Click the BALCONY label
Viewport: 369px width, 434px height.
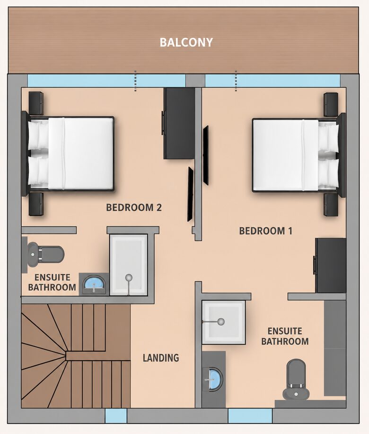click(x=186, y=42)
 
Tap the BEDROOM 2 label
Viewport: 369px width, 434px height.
click(x=134, y=208)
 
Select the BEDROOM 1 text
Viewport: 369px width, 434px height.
click(x=265, y=231)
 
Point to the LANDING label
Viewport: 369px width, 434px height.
click(x=161, y=358)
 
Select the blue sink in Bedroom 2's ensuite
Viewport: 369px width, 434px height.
click(x=94, y=284)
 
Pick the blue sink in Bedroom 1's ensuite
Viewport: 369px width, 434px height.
click(x=212, y=379)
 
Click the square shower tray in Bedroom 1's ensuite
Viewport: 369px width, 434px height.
click(x=224, y=323)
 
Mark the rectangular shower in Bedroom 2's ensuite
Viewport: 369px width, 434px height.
click(x=129, y=265)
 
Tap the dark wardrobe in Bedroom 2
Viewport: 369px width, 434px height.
click(x=179, y=124)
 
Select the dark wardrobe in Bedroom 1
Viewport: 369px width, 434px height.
click(x=330, y=265)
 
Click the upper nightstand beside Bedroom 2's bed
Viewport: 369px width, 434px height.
click(x=36, y=103)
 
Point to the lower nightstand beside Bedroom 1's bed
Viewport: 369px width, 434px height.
click(x=331, y=204)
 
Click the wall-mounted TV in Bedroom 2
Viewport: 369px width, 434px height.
click(x=191, y=194)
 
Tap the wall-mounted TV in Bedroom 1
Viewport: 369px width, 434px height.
click(x=206, y=155)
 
